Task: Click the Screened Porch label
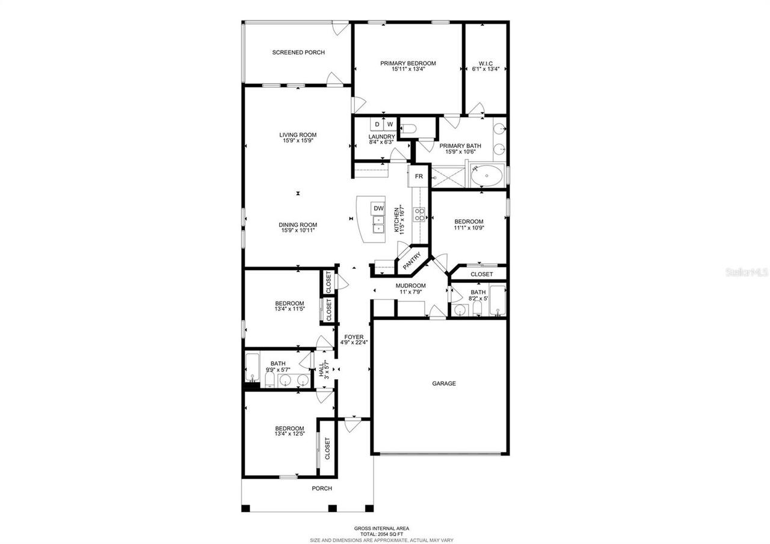pos(298,52)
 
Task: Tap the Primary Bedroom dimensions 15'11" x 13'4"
pos(408,69)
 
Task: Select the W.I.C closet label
pos(485,63)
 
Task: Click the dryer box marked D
pos(377,125)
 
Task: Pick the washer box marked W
pos(390,125)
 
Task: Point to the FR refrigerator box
pos(419,177)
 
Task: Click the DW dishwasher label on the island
pos(378,209)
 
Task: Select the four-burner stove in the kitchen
pos(419,214)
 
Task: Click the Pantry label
pos(412,260)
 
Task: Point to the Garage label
pos(443,383)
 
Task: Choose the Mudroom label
pos(410,286)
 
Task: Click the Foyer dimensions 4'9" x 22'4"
pos(353,342)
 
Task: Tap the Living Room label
pos(298,135)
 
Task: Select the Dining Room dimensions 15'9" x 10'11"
pos(298,230)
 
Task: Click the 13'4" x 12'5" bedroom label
pos(289,431)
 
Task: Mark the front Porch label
pos(322,488)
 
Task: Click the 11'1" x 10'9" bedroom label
pos(469,224)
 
